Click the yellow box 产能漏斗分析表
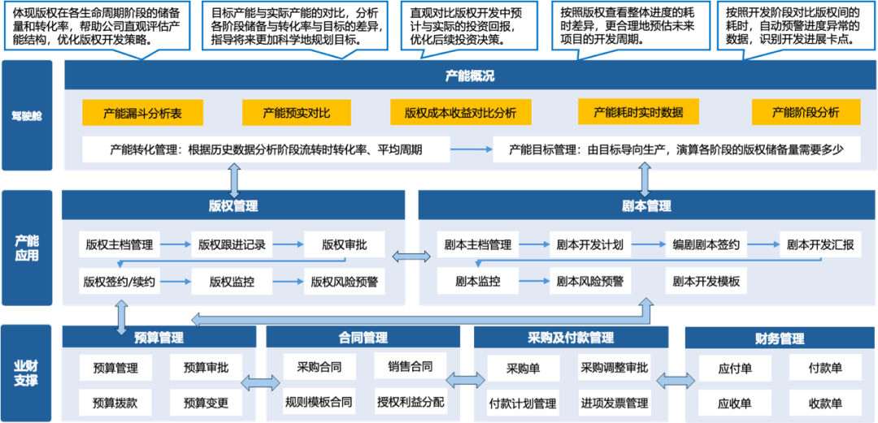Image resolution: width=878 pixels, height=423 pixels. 142,113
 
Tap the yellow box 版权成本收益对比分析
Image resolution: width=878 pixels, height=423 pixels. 460,113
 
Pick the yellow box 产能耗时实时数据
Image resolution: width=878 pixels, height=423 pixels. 638,112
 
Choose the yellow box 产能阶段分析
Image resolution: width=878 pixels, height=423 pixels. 806,113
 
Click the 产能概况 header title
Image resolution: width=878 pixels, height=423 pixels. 470,76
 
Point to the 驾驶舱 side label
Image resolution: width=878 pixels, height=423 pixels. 27,115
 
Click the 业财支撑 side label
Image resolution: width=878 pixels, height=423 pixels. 27,373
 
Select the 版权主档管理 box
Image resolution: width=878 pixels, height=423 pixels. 120,244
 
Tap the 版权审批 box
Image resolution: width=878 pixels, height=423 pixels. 344,244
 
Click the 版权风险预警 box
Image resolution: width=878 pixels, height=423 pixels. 344,283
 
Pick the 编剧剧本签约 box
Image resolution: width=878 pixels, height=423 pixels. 706,244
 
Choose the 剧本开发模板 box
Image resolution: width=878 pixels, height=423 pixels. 706,282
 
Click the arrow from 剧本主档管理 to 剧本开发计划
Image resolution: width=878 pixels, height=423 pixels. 534,244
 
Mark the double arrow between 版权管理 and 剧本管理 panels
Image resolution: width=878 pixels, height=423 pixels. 411,257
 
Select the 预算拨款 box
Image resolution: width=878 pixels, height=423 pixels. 115,402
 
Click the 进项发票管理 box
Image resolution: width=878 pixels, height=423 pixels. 614,403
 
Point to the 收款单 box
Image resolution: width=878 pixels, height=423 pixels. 825,403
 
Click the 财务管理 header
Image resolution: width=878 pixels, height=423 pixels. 780,339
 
